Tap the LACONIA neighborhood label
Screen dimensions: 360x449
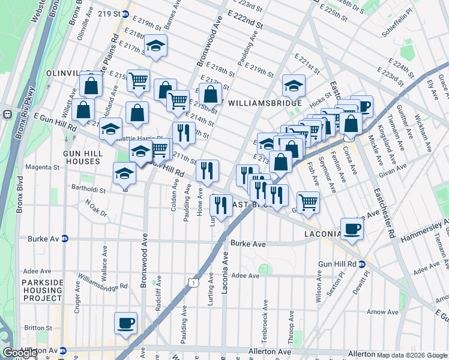pos(327,233)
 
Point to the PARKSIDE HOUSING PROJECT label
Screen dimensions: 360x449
pos(42,290)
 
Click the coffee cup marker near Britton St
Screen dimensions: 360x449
pos(126,323)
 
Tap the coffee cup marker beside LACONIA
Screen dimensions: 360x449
pos(352,228)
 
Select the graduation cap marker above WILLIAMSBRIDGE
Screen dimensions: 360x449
pos(294,85)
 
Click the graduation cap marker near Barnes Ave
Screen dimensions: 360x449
pos(155,47)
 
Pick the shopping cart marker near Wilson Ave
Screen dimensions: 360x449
pos(308,202)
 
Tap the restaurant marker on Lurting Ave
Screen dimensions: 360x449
pos(221,205)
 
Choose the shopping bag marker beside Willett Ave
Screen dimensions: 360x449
pos(83,109)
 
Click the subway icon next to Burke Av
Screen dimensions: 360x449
pos(65,239)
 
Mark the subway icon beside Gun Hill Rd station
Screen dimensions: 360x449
pos(362,264)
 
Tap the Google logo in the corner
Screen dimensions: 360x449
pos(20,353)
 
